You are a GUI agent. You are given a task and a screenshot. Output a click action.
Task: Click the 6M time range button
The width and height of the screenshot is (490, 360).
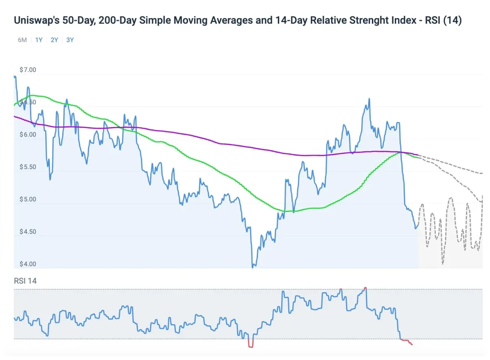(22, 40)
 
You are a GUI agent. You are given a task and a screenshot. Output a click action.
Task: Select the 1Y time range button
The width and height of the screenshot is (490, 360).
(39, 40)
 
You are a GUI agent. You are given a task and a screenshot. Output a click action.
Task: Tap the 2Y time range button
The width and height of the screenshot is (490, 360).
(54, 40)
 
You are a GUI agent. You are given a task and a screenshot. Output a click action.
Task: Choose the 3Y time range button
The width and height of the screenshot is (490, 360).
(70, 40)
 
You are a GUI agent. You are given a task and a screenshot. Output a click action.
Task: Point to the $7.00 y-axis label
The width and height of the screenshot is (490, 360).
(28, 70)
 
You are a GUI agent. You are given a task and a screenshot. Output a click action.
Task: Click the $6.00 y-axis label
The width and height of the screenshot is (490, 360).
(28, 134)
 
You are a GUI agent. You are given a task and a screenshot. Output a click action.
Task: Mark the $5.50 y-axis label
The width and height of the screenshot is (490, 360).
(28, 167)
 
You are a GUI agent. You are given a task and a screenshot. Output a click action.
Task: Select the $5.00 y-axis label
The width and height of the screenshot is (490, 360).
(28, 199)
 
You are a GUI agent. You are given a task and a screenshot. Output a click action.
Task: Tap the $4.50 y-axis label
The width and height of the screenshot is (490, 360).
(28, 232)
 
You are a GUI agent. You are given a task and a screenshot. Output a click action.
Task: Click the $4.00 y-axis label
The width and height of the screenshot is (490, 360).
(28, 264)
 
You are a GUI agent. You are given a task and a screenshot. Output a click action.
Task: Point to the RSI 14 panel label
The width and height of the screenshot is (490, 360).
(25, 281)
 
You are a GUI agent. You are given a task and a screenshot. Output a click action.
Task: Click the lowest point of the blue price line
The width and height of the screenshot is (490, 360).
(253, 266)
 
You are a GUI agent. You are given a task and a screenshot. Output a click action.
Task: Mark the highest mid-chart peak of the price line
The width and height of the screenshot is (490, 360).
(369, 99)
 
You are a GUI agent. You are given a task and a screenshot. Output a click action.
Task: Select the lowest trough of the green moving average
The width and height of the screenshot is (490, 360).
(286, 211)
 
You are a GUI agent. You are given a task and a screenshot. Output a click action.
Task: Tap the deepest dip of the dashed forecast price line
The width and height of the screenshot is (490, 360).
(443, 263)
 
